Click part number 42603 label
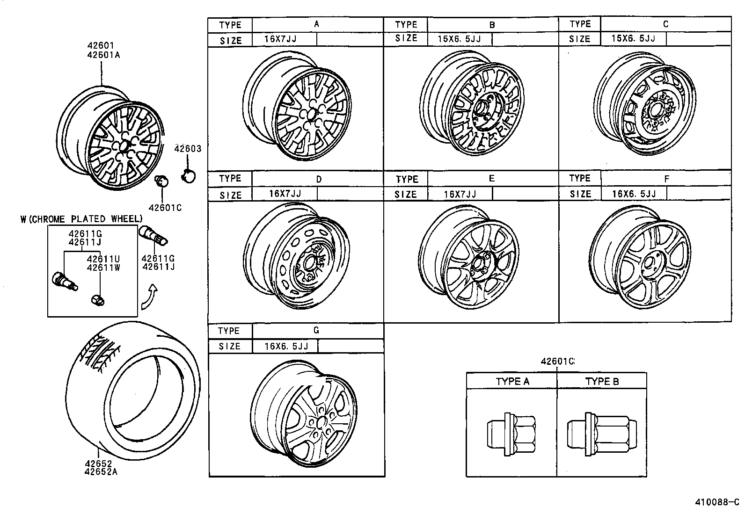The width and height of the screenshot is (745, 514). click(x=188, y=149)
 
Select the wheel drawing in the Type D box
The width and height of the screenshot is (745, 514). click(x=297, y=257)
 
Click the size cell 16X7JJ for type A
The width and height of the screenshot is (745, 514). click(x=281, y=39)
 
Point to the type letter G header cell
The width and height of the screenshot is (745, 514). click(x=316, y=331)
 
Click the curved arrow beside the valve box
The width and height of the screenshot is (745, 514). click(x=151, y=297)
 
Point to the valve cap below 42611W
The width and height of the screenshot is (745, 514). click(x=98, y=300)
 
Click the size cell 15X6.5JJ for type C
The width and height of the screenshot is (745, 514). click(x=633, y=38)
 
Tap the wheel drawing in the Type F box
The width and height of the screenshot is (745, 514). click(x=640, y=257)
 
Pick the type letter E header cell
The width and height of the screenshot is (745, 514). click(x=491, y=179)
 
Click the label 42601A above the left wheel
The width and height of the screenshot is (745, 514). click(x=103, y=55)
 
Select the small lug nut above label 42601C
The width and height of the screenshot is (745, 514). click(x=161, y=180)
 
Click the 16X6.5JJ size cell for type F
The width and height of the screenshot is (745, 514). click(x=634, y=194)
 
